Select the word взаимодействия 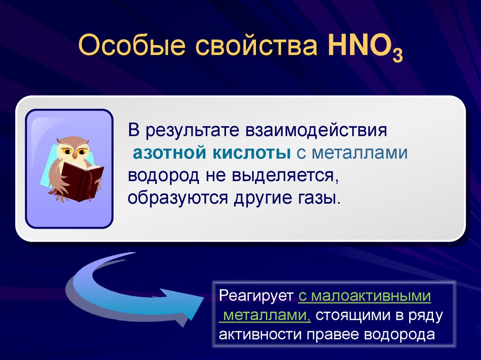[x=315, y=130]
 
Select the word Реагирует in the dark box [x=256, y=297]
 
